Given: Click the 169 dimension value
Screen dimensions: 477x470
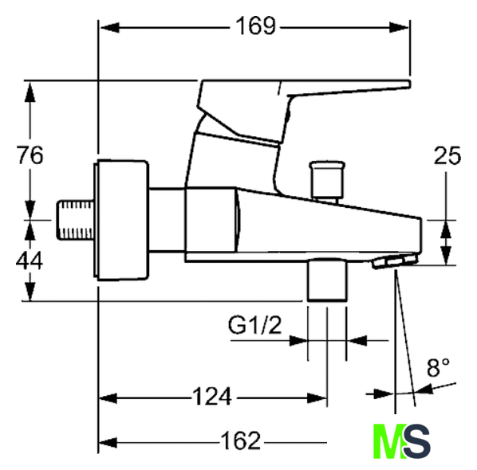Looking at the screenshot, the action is click(256, 26).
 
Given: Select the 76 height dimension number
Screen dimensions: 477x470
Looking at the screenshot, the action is click(30, 155).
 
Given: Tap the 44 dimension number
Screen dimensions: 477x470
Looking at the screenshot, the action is click(30, 261).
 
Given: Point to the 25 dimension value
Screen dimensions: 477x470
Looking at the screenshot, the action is click(447, 156).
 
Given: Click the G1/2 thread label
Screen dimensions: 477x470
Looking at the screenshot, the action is click(255, 325).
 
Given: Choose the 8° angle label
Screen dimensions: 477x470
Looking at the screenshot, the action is click(438, 367).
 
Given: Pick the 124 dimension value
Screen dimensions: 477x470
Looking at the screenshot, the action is click(212, 397).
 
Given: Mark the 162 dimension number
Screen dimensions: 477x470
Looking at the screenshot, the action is click(240, 441).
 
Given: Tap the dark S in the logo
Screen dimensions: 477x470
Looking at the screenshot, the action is click(417, 441).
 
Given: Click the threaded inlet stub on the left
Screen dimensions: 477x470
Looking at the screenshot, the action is click(76, 220).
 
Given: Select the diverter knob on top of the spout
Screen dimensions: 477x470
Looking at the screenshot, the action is click(327, 181).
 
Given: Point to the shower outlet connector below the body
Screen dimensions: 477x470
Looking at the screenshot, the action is click(327, 280).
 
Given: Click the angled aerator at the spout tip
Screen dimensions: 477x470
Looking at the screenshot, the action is click(395, 261).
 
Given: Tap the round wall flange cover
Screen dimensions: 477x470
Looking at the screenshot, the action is click(121, 220).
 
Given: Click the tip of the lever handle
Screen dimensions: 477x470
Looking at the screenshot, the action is click(409, 84).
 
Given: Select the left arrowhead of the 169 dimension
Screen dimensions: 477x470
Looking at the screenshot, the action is click(109, 28).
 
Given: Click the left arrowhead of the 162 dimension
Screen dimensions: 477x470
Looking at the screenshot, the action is click(108, 443).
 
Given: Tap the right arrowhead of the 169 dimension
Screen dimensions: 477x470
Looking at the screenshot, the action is click(399, 28).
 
